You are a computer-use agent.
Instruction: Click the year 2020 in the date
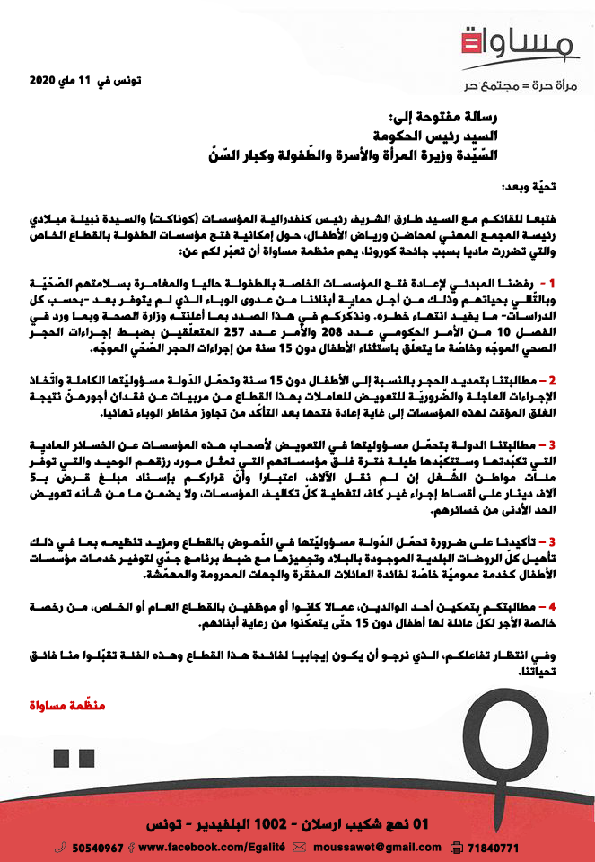coord(41,81)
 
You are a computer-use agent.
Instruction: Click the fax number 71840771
coord(494,847)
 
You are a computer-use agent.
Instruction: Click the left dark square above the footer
coord(64,758)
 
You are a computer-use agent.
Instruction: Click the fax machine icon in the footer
coord(456,847)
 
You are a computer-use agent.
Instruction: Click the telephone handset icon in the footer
coord(60,847)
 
